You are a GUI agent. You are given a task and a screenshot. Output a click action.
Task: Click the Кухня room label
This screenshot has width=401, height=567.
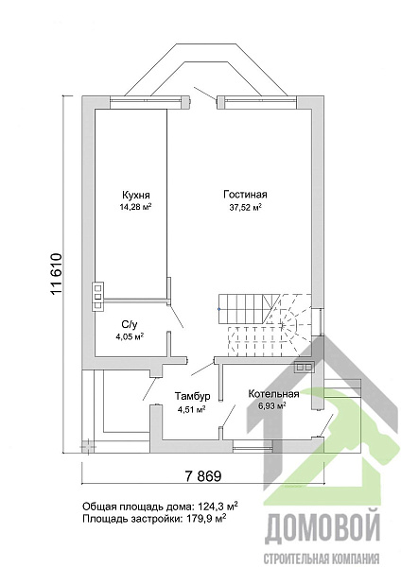136,196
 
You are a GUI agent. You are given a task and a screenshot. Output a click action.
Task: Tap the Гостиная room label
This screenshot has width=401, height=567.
245,195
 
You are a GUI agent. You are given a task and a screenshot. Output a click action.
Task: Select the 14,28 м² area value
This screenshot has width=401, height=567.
135,207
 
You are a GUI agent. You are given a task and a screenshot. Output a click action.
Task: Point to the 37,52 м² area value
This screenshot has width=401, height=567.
245,207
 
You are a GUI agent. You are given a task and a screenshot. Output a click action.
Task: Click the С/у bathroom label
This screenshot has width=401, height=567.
130,324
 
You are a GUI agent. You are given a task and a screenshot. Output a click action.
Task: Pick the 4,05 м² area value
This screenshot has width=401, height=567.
130,336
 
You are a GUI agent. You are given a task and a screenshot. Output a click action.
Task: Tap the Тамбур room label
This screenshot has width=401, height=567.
193,396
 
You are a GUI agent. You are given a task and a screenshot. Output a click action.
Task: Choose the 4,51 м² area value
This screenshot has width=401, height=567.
191,409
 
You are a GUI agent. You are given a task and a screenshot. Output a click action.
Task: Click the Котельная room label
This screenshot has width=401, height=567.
273,394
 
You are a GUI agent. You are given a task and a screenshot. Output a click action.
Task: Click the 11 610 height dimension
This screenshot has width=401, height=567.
57,274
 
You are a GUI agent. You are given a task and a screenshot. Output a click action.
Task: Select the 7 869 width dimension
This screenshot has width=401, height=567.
203,476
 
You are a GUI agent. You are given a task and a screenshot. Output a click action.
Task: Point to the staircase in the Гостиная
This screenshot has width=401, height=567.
265,325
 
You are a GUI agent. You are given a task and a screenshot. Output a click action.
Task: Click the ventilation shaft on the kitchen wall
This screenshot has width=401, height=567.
98,297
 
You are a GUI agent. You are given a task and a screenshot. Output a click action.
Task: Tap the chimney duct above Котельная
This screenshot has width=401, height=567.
304,367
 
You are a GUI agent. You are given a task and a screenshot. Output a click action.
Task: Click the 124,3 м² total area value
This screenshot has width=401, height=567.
218,506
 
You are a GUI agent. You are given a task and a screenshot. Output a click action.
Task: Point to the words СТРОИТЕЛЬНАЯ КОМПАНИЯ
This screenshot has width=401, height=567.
322,558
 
